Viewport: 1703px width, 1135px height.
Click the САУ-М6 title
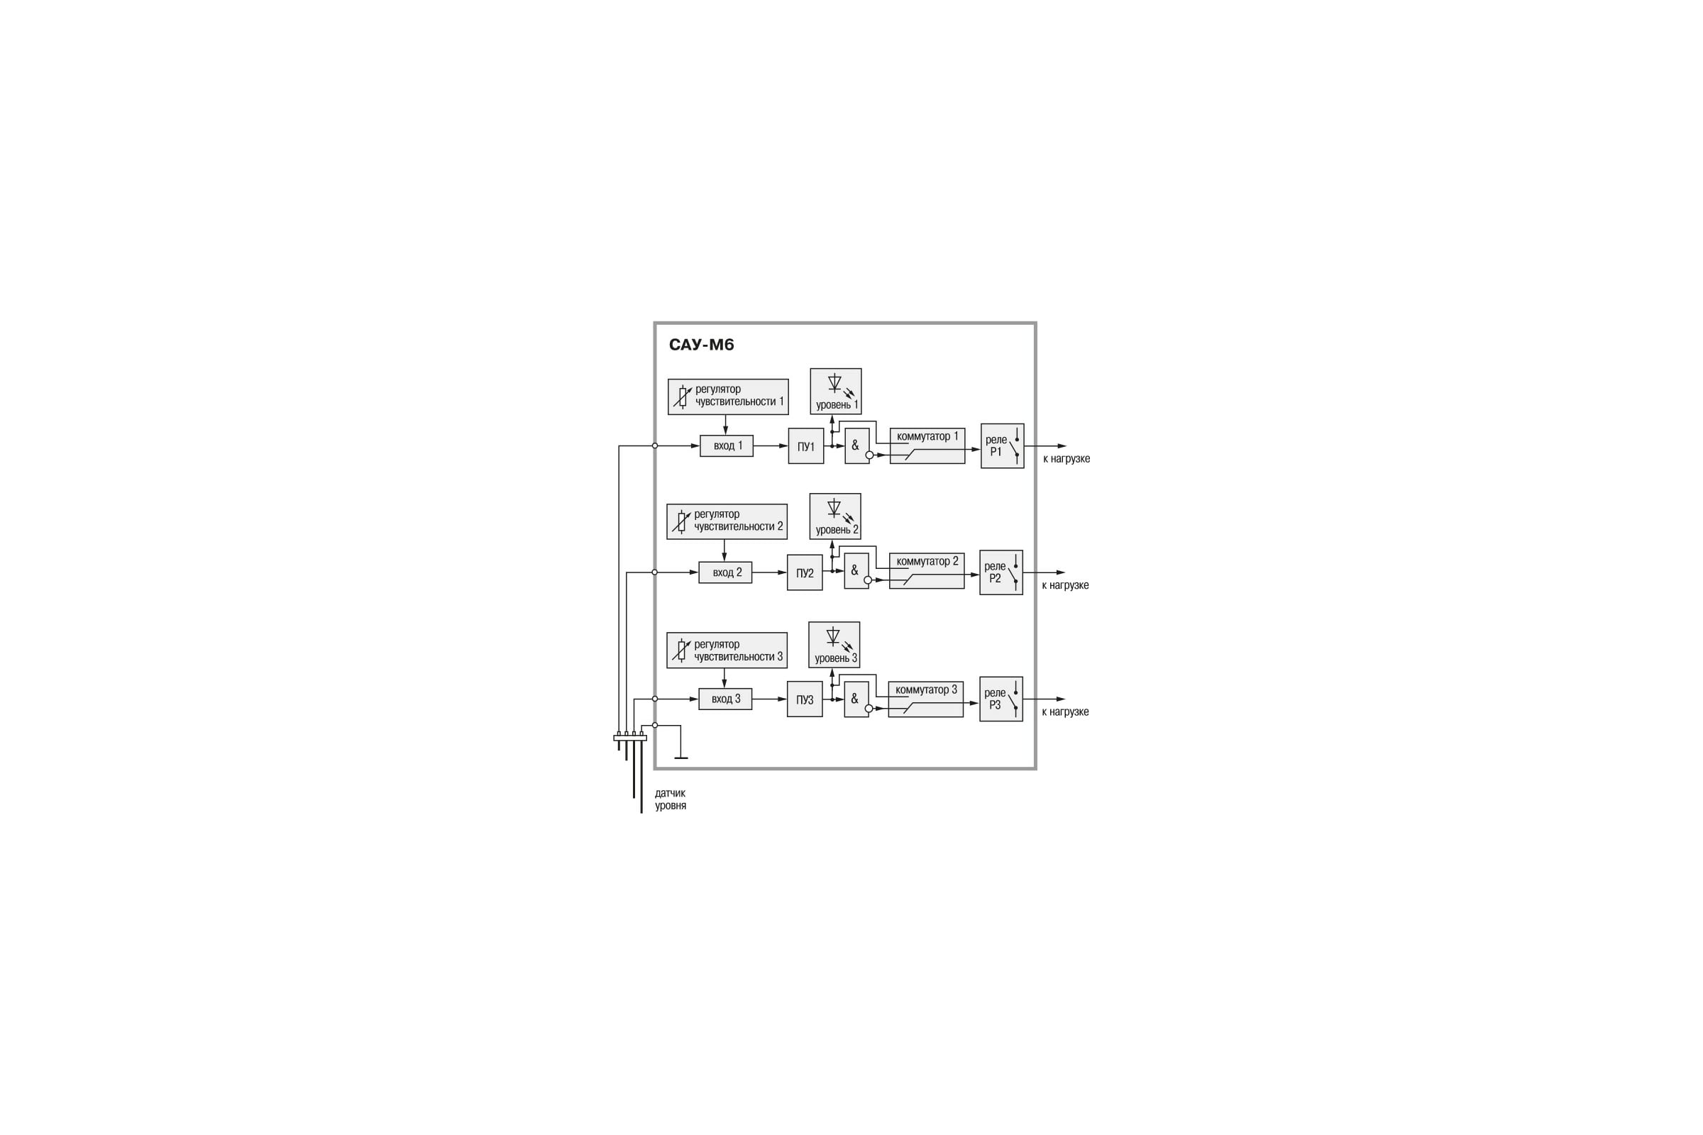point(701,345)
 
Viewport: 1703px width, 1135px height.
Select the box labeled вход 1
point(726,446)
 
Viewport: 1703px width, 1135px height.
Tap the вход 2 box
point(724,572)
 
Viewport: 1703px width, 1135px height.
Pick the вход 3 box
point(724,699)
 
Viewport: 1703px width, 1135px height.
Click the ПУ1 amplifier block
point(806,446)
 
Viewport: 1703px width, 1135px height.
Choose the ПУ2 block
point(805,572)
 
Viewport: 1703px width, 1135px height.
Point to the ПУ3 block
point(805,699)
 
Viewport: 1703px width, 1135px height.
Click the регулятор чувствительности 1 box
point(728,397)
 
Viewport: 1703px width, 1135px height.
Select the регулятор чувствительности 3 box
point(726,650)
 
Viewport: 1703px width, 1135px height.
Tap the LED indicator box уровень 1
point(836,391)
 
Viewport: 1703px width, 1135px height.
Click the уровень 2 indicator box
point(835,516)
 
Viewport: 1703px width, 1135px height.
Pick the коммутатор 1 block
point(927,446)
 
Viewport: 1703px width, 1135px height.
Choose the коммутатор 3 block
point(925,699)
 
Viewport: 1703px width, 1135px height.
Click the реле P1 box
point(1002,446)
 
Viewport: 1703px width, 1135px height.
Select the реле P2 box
point(1001,572)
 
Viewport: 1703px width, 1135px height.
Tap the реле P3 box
point(1001,699)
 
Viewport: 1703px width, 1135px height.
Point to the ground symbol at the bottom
point(680,757)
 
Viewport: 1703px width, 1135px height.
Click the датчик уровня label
point(671,799)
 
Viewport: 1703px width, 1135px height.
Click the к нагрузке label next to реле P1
point(1066,459)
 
